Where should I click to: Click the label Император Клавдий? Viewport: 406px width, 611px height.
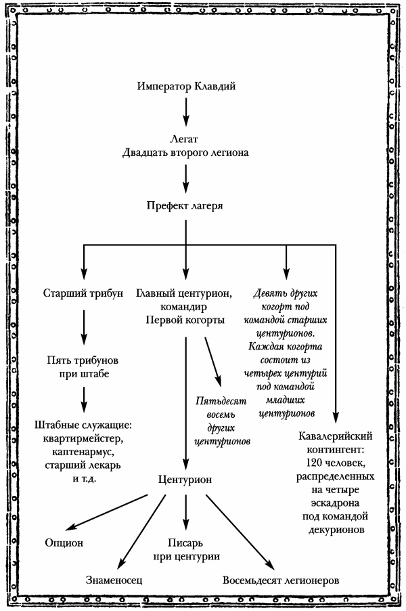[185, 87]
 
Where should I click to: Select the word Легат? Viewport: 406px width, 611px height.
[185, 138]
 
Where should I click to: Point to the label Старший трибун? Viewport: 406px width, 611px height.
[83, 294]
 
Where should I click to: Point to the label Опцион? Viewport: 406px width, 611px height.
[64, 543]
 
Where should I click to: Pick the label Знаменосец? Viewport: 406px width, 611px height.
[114, 581]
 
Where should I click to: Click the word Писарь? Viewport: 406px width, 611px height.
[185, 543]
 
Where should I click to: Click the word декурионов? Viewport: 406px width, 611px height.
[335, 530]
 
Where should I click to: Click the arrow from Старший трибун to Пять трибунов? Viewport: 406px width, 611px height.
[83, 326]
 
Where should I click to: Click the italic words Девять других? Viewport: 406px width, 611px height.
[285, 295]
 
